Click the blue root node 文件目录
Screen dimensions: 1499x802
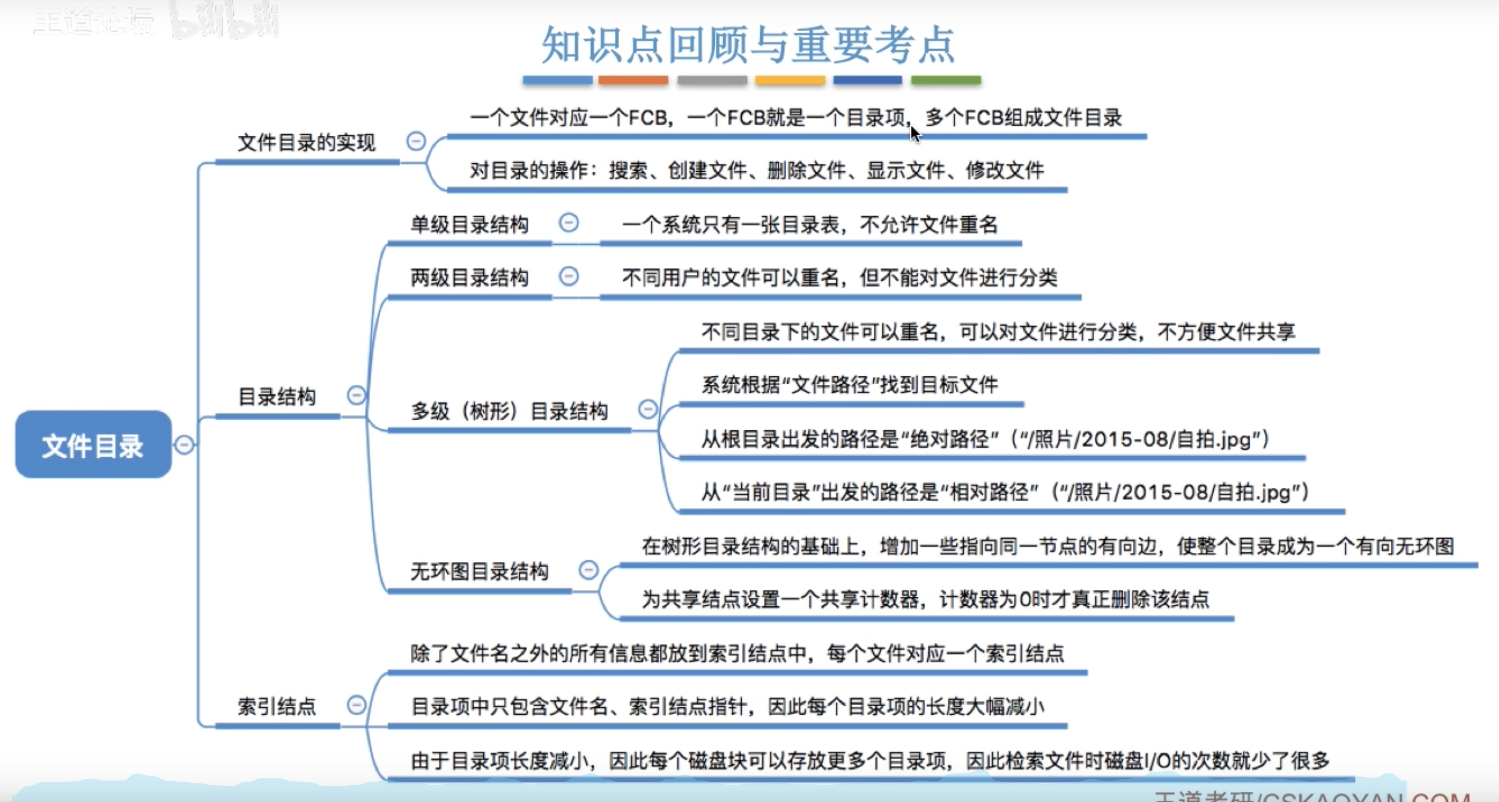pyautogui.click(x=93, y=445)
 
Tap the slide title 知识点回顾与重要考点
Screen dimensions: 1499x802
pyautogui.click(x=748, y=45)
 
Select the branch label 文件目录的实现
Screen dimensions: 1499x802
pyautogui.click(x=306, y=143)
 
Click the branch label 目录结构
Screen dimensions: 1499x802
pyautogui.click(x=277, y=397)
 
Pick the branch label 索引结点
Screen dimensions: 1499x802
pyautogui.click(x=277, y=707)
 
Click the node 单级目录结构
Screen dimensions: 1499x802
pyautogui.click(x=470, y=225)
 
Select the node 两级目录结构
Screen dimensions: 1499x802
pyautogui.click(x=470, y=278)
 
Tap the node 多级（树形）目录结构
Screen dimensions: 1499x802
pyautogui.click(x=509, y=412)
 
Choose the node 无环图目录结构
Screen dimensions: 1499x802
pyautogui.click(x=479, y=572)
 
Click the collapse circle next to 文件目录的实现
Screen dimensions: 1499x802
pyautogui.click(x=416, y=141)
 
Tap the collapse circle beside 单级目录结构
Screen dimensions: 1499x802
pyautogui.click(x=569, y=223)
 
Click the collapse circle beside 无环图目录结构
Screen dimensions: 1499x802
pyautogui.click(x=589, y=569)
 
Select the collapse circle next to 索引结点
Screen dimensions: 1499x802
pyautogui.click(x=357, y=705)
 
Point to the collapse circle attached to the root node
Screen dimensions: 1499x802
pyautogui.click(x=184, y=445)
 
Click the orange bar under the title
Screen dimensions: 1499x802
pyautogui.click(x=633, y=80)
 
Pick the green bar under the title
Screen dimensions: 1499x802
pyautogui.click(x=946, y=80)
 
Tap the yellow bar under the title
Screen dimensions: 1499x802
pyautogui.click(x=790, y=80)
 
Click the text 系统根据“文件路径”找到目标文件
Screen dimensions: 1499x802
pyautogui.click(x=849, y=385)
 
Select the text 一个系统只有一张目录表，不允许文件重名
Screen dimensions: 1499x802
pyautogui.click(x=810, y=225)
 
